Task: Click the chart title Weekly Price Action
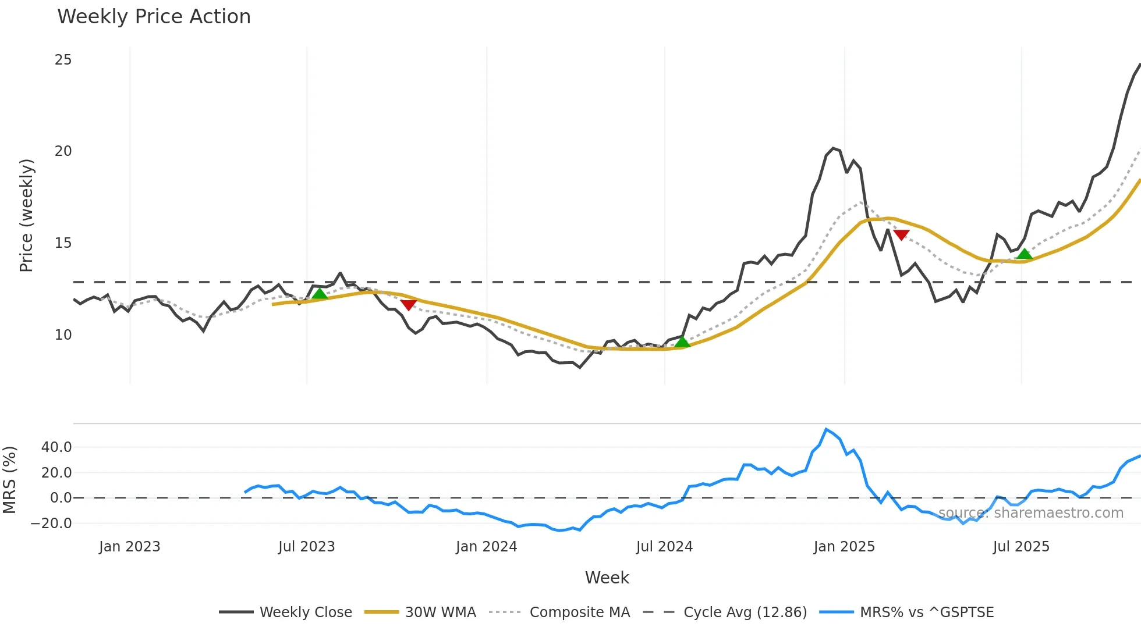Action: [154, 17]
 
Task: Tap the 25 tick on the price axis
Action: [63, 60]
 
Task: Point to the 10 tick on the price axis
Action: [63, 335]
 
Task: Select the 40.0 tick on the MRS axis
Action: [56, 447]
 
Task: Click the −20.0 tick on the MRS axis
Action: [51, 524]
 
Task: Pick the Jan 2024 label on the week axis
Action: [486, 547]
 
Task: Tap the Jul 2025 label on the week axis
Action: [1021, 547]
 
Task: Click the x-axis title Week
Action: [607, 578]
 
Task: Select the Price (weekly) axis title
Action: [27, 215]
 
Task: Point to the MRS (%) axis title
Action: [9, 480]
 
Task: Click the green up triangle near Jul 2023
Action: [320, 294]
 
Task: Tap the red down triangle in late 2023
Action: [409, 305]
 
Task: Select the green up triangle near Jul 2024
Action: [682, 342]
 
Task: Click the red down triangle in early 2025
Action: [901, 235]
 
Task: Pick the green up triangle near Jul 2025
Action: [1025, 254]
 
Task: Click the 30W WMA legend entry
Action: [420, 612]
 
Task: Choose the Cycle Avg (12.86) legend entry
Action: [725, 612]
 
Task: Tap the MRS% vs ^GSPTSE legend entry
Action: [906, 612]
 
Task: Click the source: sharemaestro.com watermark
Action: [1030, 513]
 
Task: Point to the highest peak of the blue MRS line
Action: [827, 429]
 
